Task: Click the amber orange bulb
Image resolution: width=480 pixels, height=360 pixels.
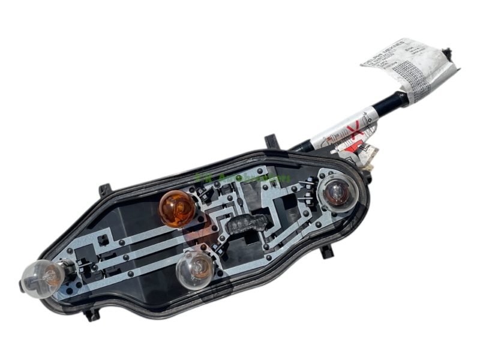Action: (176, 207)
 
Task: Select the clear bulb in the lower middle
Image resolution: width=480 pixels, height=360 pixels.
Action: (194, 269)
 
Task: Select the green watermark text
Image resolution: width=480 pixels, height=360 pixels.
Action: (242, 178)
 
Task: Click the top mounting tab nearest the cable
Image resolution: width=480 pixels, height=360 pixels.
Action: (271, 142)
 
